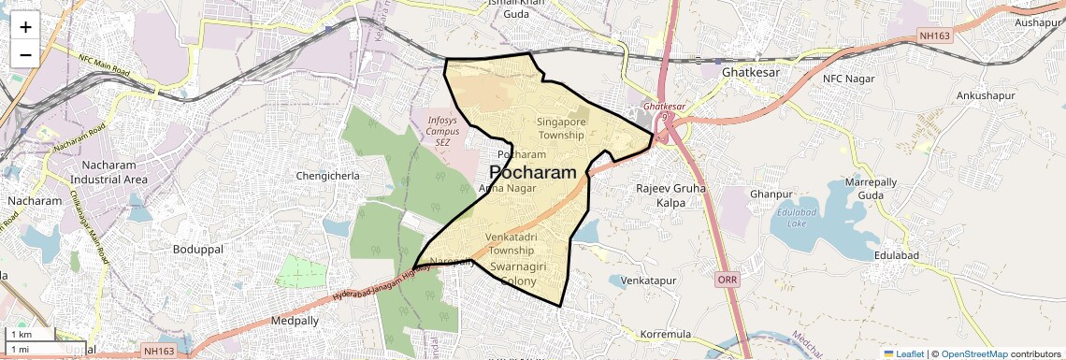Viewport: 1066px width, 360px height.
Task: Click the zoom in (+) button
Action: (x=25, y=27)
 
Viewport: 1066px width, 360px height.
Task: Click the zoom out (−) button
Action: (x=25, y=54)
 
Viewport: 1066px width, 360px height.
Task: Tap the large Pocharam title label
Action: (x=532, y=173)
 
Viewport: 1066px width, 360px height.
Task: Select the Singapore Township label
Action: (x=561, y=128)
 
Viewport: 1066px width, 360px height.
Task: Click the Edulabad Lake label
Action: (x=783, y=218)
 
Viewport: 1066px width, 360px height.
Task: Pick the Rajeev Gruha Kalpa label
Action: (x=670, y=195)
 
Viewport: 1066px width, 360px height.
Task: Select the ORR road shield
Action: (x=727, y=280)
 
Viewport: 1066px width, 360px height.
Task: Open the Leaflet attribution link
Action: (x=903, y=353)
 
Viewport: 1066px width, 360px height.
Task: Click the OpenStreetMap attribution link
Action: (x=973, y=353)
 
